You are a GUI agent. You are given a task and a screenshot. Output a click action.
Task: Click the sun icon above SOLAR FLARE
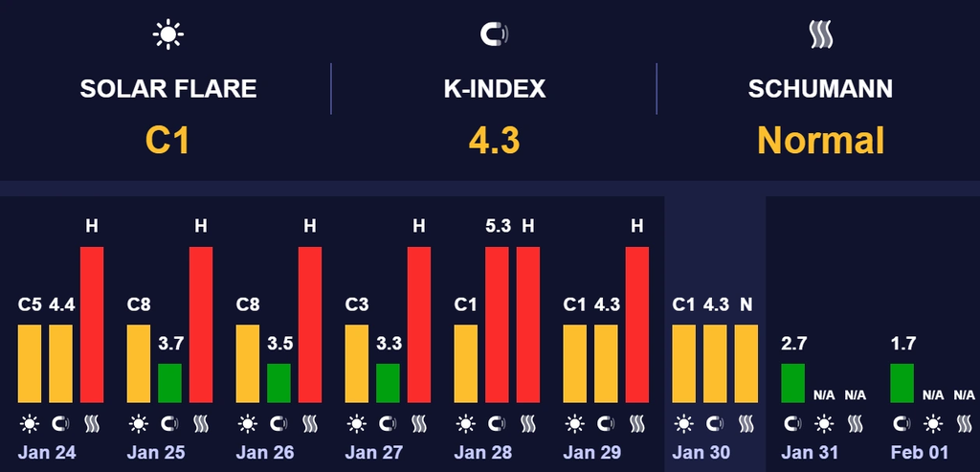(x=168, y=35)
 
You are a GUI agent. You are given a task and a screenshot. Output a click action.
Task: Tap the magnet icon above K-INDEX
(x=494, y=35)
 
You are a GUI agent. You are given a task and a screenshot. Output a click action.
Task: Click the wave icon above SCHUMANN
(x=820, y=35)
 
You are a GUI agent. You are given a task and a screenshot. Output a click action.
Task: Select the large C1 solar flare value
(x=167, y=141)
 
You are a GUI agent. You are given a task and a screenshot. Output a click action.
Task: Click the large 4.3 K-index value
(x=494, y=141)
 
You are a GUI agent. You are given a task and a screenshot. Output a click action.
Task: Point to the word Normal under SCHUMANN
(x=820, y=141)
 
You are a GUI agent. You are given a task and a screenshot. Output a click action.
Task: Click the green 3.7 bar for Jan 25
(x=169, y=383)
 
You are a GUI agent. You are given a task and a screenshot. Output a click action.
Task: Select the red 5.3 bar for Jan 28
(x=497, y=325)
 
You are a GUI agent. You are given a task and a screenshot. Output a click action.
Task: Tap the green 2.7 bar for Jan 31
(x=793, y=383)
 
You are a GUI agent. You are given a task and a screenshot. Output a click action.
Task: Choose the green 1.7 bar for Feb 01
(x=902, y=383)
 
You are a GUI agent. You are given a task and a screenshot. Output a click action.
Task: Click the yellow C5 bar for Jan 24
(x=30, y=364)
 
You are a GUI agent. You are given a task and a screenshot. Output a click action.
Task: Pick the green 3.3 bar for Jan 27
(x=388, y=383)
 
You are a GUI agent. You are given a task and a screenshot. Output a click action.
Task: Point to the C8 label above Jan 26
(x=248, y=305)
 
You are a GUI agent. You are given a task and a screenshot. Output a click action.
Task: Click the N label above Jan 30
(x=746, y=305)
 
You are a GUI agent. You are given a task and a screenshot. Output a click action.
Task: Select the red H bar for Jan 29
(x=637, y=325)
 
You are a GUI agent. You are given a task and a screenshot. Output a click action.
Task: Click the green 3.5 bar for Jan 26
(x=278, y=383)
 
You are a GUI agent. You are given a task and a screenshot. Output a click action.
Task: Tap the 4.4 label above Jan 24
(x=62, y=305)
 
